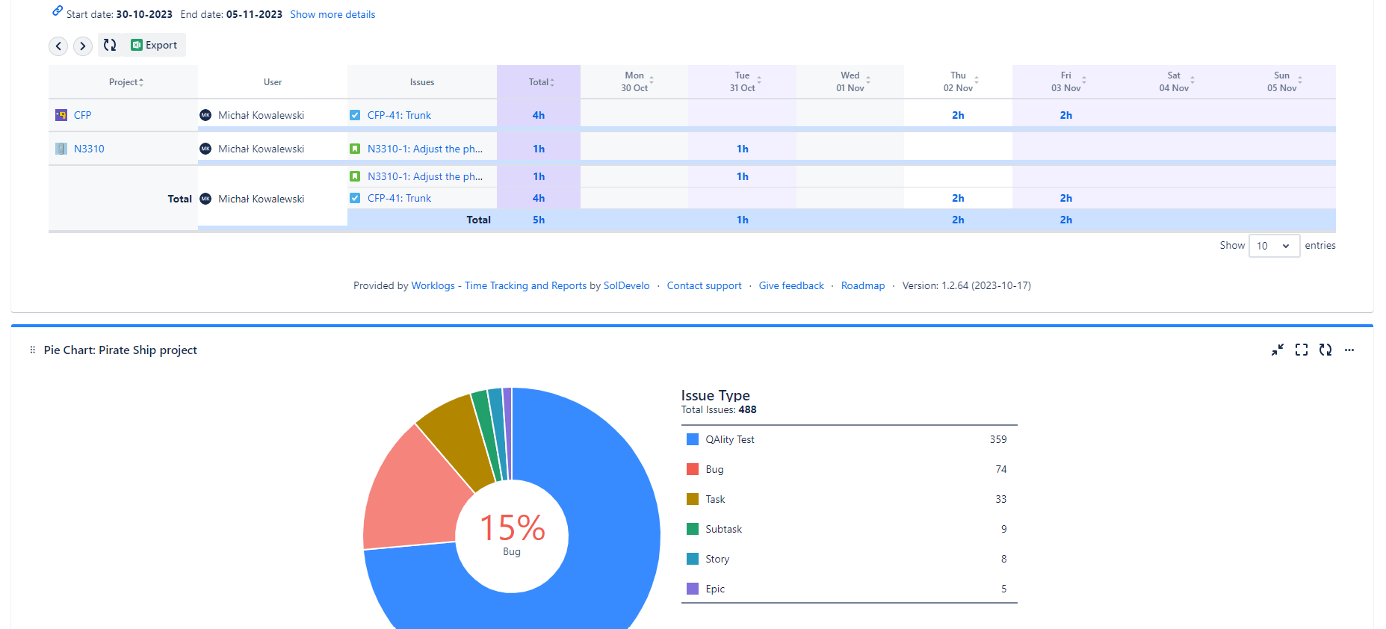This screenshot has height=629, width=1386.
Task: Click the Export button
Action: (x=155, y=45)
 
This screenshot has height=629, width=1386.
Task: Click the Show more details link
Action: (x=332, y=14)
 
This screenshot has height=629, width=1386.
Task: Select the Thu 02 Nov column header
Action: (x=958, y=81)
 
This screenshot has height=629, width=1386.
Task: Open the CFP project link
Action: (x=82, y=115)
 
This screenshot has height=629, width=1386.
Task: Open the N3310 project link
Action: (x=89, y=149)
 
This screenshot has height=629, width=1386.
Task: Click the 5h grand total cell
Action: (x=538, y=220)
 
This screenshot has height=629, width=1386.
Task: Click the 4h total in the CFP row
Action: (x=538, y=115)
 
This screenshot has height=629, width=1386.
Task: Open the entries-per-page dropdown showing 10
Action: (x=1274, y=246)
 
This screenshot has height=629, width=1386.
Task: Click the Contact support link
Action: (x=704, y=285)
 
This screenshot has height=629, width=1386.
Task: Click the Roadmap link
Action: (x=862, y=285)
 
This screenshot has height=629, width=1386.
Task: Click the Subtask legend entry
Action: (x=723, y=529)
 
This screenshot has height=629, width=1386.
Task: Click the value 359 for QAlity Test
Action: (x=997, y=439)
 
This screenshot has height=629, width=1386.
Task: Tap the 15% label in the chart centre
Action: (x=512, y=528)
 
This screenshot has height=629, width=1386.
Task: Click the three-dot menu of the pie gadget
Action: (x=1349, y=350)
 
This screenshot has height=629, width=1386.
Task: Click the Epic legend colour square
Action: (x=693, y=589)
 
